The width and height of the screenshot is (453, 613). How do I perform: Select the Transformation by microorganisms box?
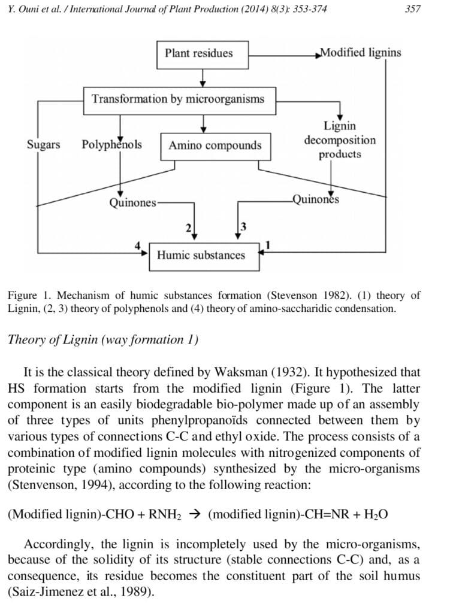[x=178, y=99]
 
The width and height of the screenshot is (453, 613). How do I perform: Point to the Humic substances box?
[x=201, y=255]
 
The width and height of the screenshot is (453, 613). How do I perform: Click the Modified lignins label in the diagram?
[x=361, y=52]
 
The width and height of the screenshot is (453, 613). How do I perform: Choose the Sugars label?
[x=44, y=144]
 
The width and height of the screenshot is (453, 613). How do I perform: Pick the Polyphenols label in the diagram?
[x=112, y=144]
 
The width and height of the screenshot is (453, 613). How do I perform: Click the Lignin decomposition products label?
[x=340, y=140]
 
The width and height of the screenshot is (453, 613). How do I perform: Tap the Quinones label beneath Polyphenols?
[x=133, y=203]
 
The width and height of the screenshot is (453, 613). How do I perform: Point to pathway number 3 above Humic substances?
[x=243, y=226]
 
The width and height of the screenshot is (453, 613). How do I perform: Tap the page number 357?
[x=413, y=9]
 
